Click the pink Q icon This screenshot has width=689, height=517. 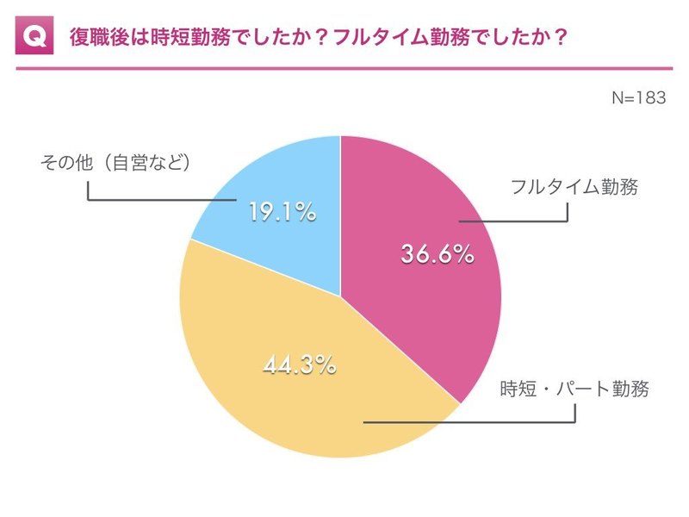coord(34,35)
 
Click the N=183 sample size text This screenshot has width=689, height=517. coord(639,97)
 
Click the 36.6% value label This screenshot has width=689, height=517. coord(438,254)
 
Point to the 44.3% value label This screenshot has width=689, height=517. coord(300,364)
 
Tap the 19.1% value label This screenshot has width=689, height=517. coord(282,211)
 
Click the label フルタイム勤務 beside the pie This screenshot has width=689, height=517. coord(574,187)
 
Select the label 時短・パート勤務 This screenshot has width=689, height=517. coord(574,389)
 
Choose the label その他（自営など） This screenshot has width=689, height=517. coord(115,162)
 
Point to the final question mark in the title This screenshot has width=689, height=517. coord(559,37)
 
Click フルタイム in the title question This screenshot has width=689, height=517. coord(381,37)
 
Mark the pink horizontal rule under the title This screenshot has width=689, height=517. coord(344,69)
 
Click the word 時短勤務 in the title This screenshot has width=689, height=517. coord(190,37)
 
